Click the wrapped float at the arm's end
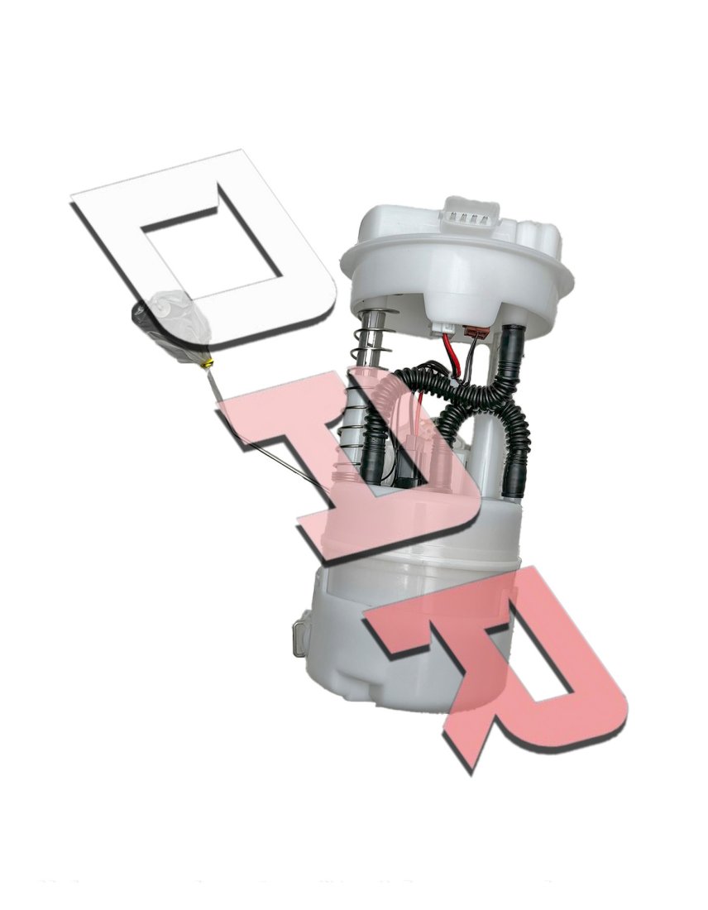click(172, 327)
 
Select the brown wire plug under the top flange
click(478, 333)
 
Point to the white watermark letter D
click(203, 250)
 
